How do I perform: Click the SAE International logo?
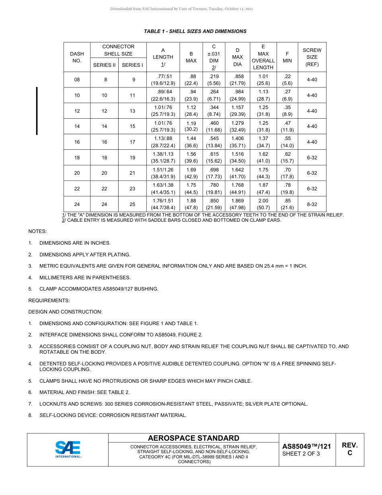[68, 449]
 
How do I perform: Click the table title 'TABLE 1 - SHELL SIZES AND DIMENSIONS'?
[195, 31]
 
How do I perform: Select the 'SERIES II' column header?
[105, 65]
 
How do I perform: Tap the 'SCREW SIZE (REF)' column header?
[312, 57]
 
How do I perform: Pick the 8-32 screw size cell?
[312, 204]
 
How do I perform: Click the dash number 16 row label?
[77, 142]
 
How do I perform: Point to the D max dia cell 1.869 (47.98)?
[237, 204]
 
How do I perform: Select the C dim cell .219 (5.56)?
[214, 80]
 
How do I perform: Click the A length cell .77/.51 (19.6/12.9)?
[163, 80]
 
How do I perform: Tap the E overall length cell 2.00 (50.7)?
[263, 204]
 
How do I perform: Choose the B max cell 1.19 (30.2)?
[191, 126]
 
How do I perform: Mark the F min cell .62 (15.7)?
[287, 157]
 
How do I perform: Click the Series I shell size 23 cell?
[132, 189]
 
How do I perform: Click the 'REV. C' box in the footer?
[349, 449]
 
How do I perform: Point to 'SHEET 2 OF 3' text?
[301, 454]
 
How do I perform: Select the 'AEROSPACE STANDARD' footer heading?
[193, 438]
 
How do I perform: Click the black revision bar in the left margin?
[37, 111]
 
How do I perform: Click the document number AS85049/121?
[306, 446]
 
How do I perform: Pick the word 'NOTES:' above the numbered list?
[37, 231]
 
